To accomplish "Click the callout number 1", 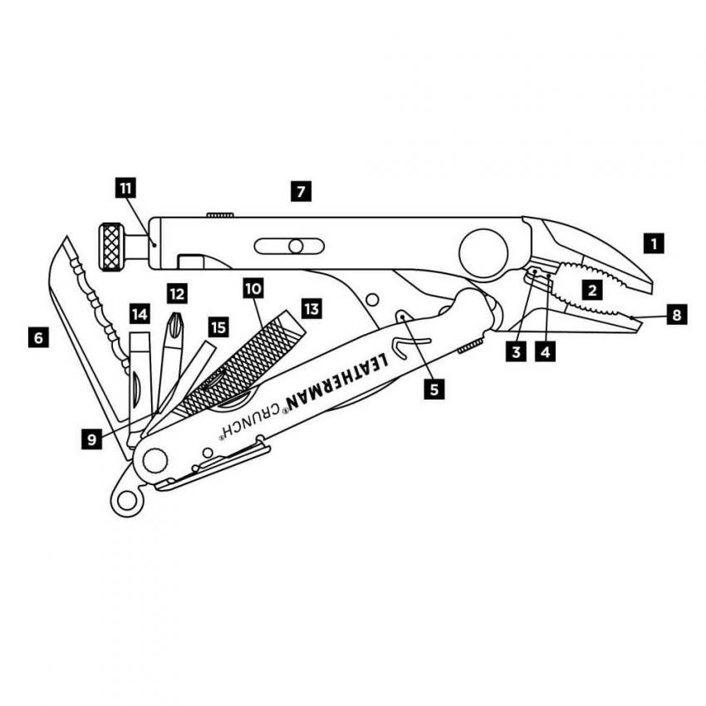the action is coord(655,243).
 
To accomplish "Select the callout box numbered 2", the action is coord(592,291).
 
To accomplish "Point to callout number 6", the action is coord(37,338).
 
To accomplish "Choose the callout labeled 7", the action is coord(301,192).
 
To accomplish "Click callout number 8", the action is coord(677,315).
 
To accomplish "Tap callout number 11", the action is coord(125,189).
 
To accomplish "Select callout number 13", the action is coord(311,309).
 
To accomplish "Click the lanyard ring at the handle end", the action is coord(125,499).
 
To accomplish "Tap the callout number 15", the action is coord(218,327).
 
